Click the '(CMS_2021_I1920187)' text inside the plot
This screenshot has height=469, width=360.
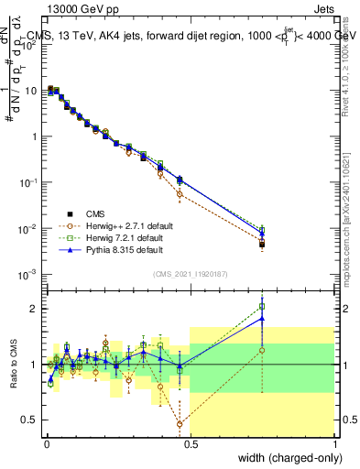click(191, 273)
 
